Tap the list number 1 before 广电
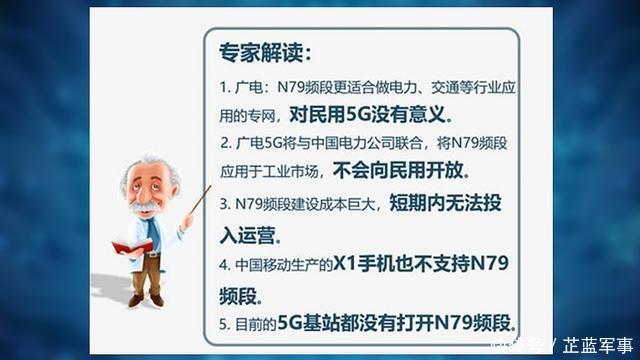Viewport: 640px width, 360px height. (224, 87)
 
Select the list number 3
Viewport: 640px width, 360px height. (224, 204)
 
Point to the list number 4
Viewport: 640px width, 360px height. (224, 267)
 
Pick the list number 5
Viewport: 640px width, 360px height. (224, 322)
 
